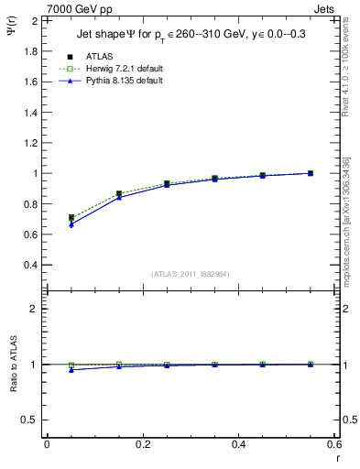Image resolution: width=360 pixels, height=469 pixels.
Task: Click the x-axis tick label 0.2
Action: (143, 444)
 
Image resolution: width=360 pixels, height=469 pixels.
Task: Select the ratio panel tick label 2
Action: (33, 309)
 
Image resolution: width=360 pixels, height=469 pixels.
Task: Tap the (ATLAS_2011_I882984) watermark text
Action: (190, 274)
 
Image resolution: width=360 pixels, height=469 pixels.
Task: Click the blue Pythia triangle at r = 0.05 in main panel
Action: (71, 224)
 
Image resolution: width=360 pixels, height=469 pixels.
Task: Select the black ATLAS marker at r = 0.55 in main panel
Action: (311, 173)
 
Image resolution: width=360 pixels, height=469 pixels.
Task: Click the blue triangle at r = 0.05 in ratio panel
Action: (71, 370)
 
